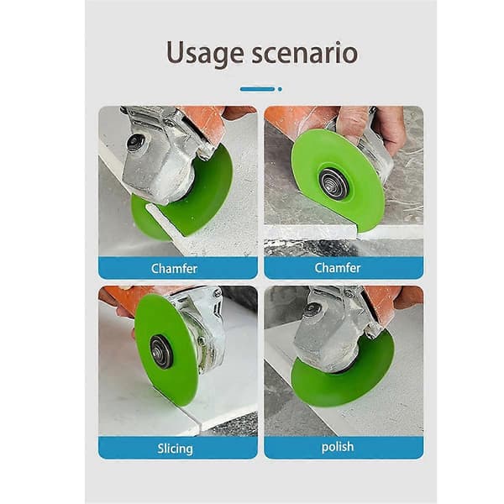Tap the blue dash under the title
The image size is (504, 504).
coord(258,89)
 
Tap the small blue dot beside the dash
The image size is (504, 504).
coord(280,89)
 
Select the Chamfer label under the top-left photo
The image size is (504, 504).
coord(174,269)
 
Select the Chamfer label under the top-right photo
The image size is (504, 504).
coord(337,268)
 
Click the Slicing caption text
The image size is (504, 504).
coord(176,449)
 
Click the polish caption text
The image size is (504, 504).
coord(338,447)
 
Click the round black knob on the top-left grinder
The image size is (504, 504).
coord(135,141)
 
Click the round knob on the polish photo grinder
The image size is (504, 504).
coord(311,309)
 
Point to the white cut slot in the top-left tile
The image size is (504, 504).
coord(165,220)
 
